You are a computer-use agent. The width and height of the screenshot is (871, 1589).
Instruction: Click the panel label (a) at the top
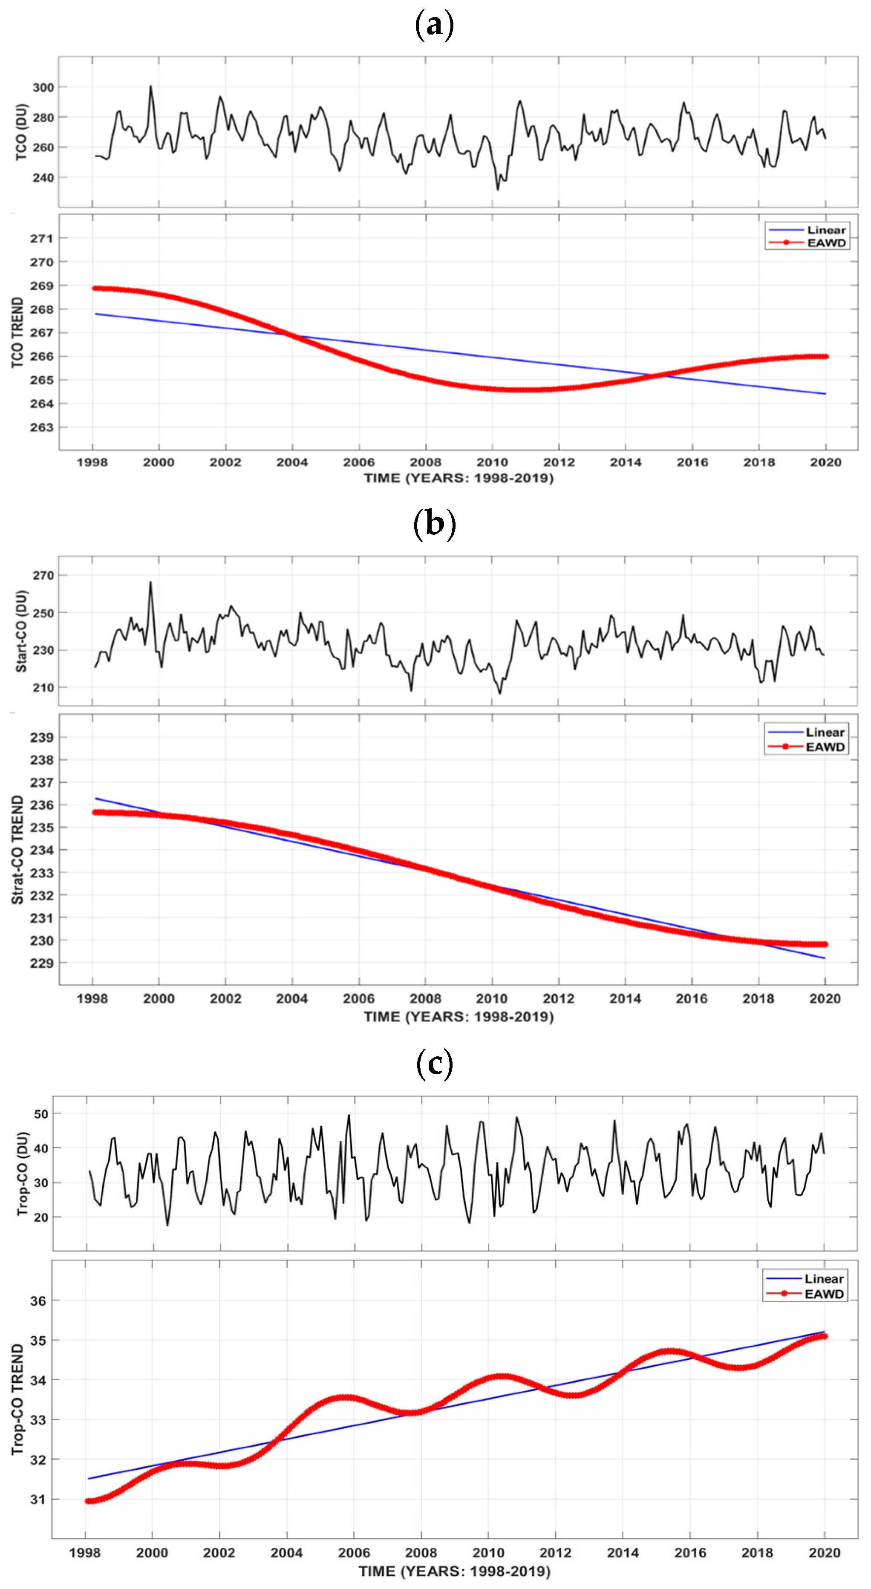435,25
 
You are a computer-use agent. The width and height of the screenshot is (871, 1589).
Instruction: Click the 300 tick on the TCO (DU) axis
43,88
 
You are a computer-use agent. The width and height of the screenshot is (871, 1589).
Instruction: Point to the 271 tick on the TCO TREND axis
42,239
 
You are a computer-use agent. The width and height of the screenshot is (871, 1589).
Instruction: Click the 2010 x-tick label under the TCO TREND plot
492,462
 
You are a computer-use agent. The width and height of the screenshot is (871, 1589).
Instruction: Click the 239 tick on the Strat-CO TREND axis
42,738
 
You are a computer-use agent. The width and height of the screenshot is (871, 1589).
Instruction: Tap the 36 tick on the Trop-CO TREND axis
38,1301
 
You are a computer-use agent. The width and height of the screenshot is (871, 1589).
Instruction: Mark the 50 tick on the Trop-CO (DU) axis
41,1114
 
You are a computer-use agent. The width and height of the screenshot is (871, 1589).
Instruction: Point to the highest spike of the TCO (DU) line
150,87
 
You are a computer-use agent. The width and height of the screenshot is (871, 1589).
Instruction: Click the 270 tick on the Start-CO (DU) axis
43,576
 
